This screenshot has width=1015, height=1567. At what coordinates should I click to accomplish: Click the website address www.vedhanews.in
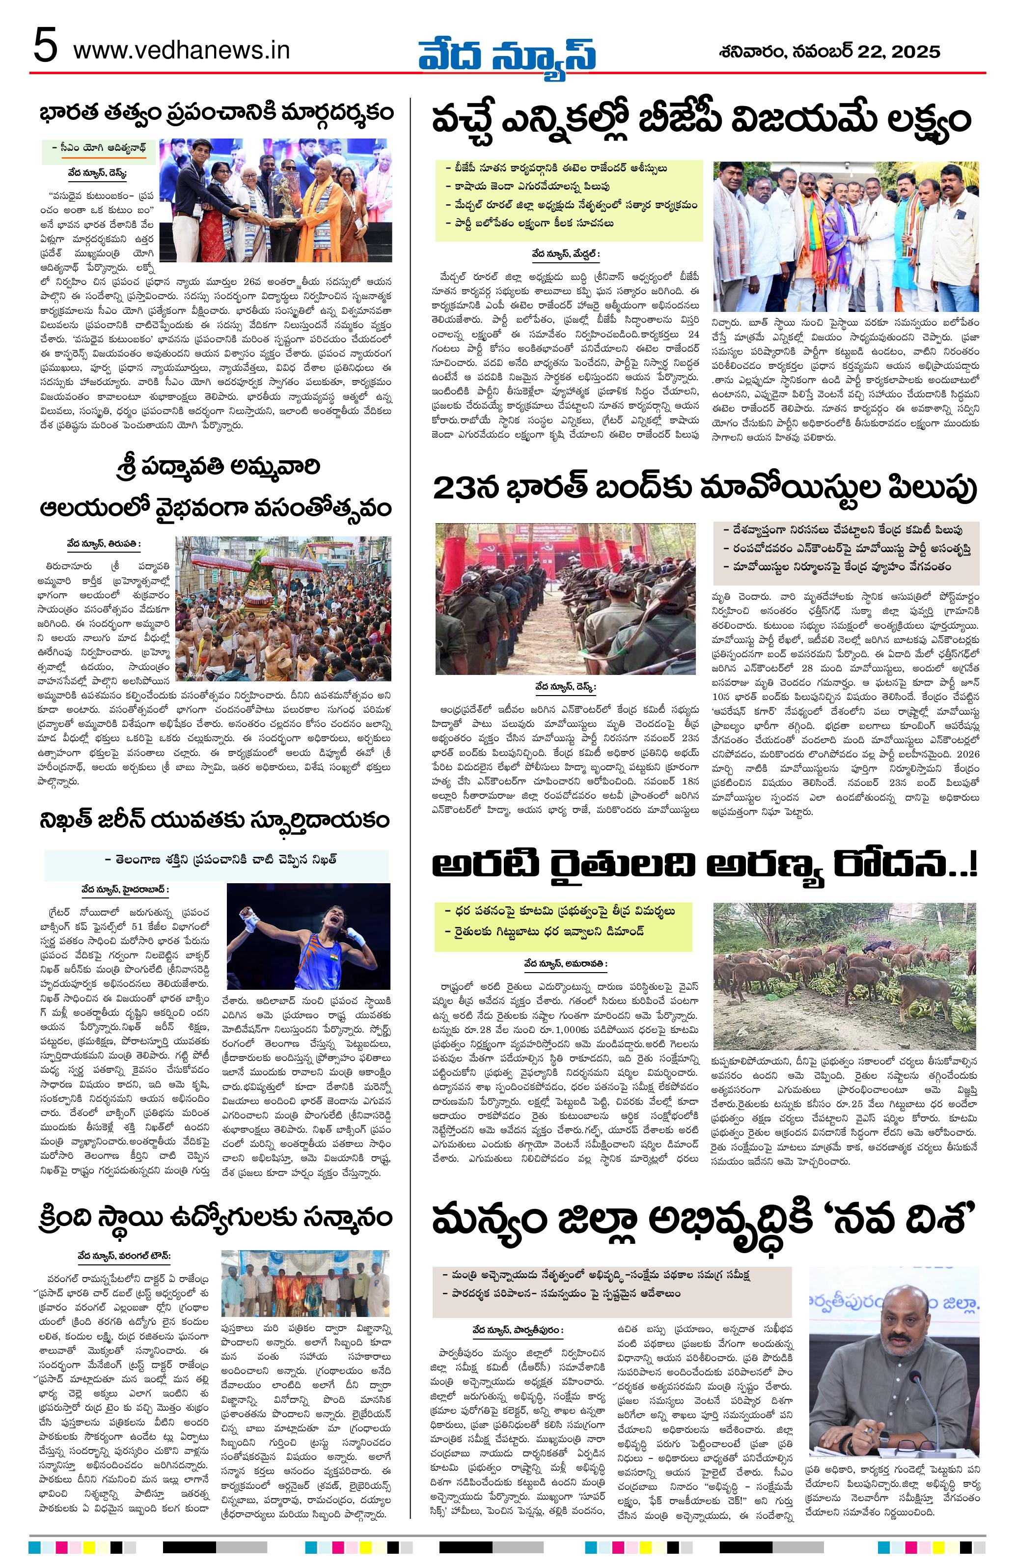(x=181, y=50)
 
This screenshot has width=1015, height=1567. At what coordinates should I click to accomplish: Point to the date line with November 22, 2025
(x=829, y=52)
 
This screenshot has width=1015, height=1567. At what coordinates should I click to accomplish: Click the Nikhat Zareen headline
(x=214, y=821)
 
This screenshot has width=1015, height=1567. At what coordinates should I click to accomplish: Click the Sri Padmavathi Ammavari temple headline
(x=214, y=487)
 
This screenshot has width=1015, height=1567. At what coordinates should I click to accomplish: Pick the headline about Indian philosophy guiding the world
(x=214, y=112)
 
